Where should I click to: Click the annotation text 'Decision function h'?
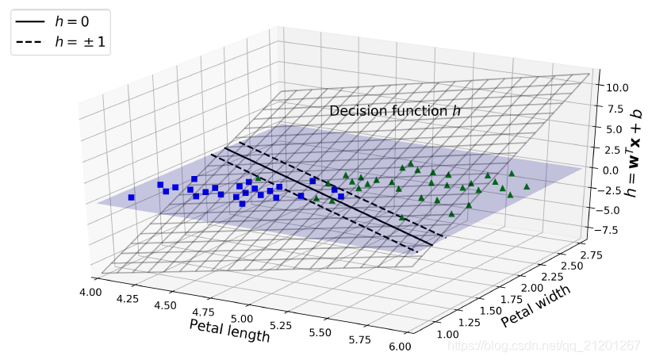point(394,111)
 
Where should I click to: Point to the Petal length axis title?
point(229,331)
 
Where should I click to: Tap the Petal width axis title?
point(535,305)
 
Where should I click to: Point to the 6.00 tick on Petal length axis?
point(401,346)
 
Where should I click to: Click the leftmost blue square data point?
point(132,197)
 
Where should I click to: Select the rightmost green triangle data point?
point(527,186)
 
